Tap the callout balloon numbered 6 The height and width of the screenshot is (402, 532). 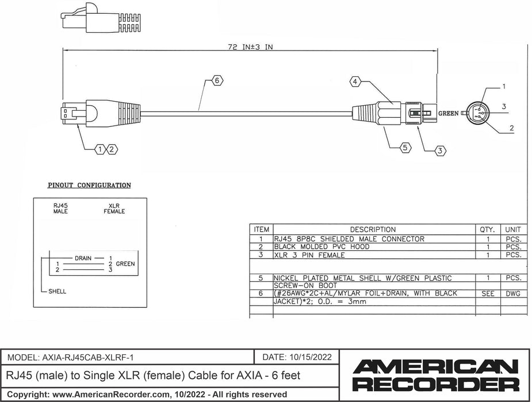coord(216,80)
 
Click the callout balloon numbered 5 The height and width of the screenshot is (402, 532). coord(405,148)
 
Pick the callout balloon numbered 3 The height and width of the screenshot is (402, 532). coord(439,151)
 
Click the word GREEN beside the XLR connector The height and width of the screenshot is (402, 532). coord(449,114)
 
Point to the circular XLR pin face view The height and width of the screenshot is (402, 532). coord(479,113)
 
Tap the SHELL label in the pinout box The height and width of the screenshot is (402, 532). coord(56,291)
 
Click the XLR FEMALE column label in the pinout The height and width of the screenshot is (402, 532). coord(114,208)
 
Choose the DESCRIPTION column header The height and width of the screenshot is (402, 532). coord(373,230)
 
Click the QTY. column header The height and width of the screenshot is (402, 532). coord(487,230)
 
